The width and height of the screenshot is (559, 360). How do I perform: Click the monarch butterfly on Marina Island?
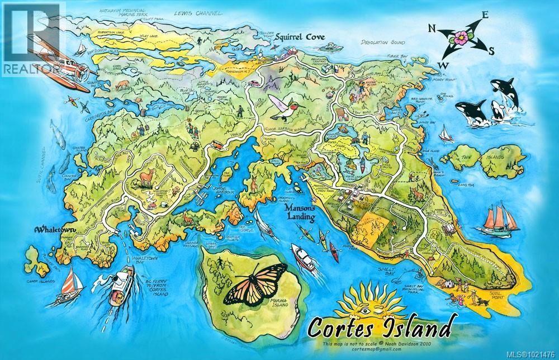coord(254,283)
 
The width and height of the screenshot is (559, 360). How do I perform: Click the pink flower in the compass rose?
coord(462,38)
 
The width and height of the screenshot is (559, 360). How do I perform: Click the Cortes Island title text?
coord(375,326)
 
